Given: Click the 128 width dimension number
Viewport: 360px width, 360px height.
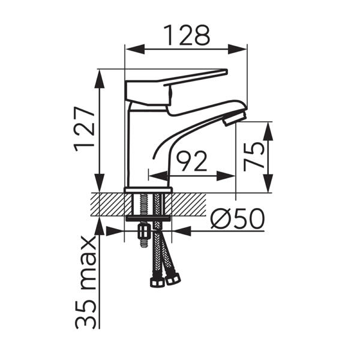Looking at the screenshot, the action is tap(187, 35).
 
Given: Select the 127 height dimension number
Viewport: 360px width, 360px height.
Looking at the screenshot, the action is tap(84, 129).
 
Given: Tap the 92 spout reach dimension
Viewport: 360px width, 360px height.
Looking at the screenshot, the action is tap(192, 161).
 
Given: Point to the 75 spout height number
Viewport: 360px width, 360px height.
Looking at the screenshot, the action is tap(254, 157).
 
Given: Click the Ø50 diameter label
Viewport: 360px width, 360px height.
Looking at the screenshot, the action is tap(238, 218).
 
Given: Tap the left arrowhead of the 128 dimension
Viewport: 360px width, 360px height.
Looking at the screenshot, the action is tap(136, 49).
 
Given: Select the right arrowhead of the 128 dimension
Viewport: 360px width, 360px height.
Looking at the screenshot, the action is tap(237, 49).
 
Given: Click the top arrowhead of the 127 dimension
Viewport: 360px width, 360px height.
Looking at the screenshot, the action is tap(100, 79).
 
